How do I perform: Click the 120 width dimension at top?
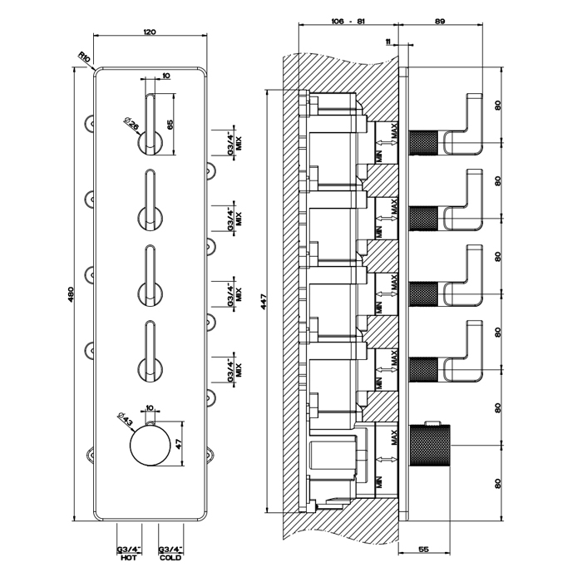150,31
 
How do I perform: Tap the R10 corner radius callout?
84,57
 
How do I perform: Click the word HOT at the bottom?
128,559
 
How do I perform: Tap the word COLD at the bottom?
170,559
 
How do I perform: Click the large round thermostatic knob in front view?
150,446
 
